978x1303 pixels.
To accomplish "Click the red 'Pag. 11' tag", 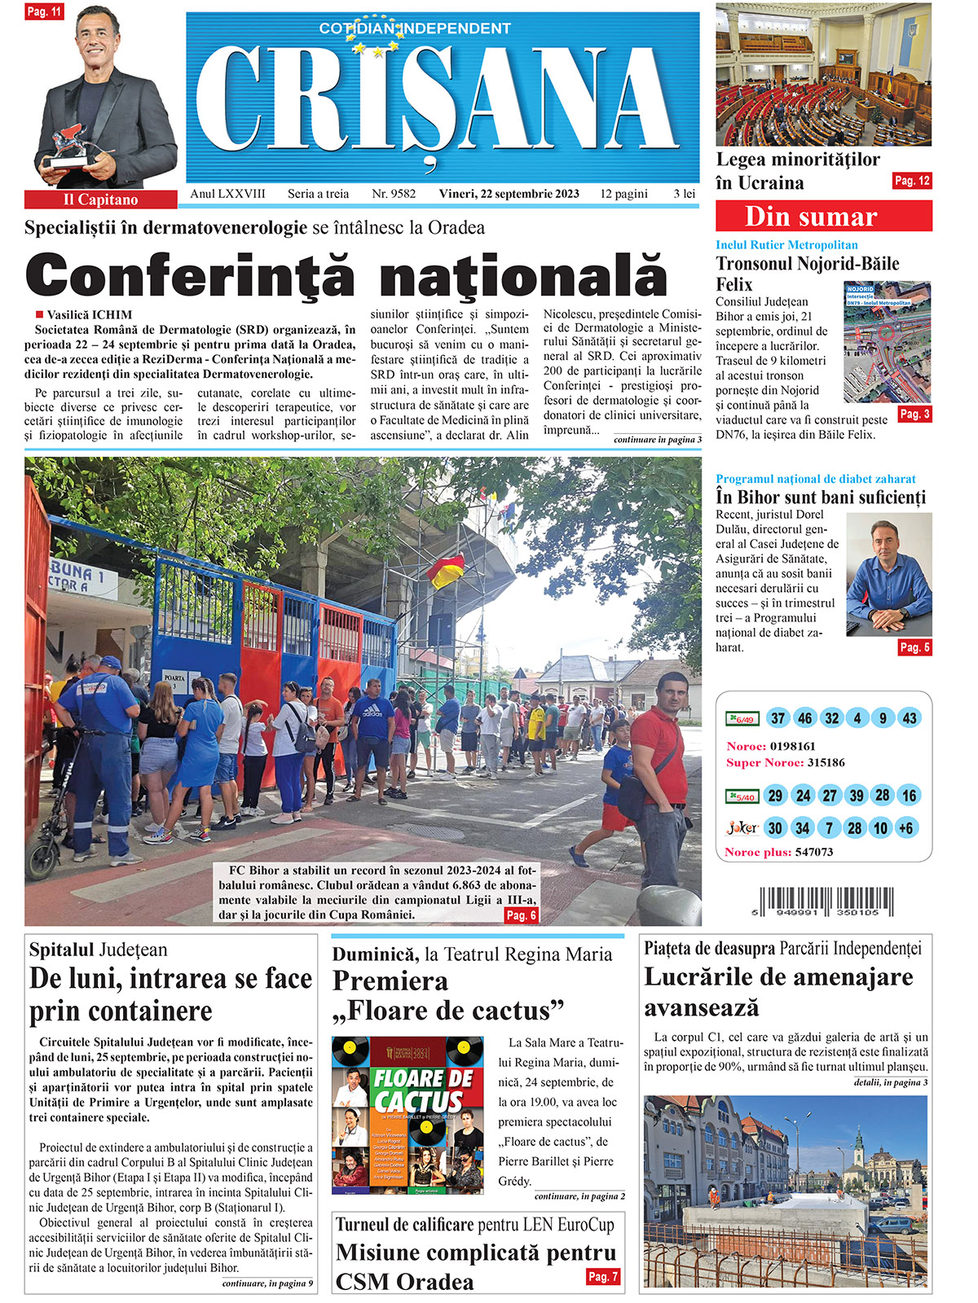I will tap(44, 12).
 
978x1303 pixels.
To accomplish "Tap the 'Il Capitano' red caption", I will tap(100, 200).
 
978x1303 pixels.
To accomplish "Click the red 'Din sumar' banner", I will tap(823, 217).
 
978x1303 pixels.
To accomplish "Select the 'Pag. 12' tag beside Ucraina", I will tap(911, 181).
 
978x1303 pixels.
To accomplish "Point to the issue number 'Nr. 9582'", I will tap(394, 194).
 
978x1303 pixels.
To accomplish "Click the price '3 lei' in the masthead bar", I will tap(684, 194).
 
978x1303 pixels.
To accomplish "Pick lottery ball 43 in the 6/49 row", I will tap(910, 718).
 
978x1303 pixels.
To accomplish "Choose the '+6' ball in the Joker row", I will tap(905, 828).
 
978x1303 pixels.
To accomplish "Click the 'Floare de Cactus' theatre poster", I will tap(407, 1115).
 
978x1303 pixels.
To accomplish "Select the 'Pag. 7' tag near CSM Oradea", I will tap(603, 1276).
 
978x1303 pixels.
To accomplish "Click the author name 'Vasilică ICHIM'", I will tap(89, 314).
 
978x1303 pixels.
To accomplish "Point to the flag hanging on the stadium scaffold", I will tap(446, 571).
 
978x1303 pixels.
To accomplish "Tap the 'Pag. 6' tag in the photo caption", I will tap(521, 915).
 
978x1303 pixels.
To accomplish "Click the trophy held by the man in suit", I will tap(68, 146).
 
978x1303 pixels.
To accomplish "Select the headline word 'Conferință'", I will tap(190, 275).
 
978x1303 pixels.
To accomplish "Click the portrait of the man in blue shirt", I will tap(888, 575).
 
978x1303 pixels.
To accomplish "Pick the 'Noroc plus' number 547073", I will tap(813, 852).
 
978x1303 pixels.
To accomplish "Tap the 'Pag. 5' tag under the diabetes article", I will tap(914, 647).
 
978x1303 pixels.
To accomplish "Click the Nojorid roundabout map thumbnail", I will tap(887, 342).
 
